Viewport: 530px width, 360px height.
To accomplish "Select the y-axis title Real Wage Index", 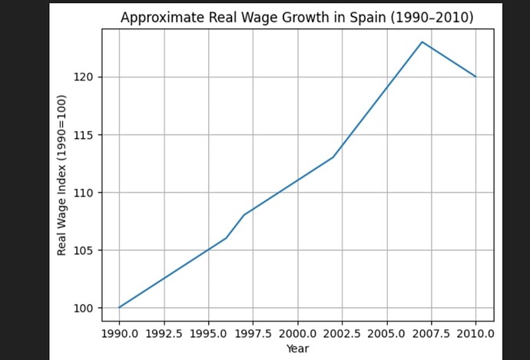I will pos(61,175).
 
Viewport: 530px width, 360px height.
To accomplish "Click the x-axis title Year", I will pos(297,348).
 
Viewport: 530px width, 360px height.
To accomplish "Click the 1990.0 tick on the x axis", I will pos(119,334).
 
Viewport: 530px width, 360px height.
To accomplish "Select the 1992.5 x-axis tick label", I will pos(164,334).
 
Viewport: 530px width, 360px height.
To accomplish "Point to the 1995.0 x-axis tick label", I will pos(208,334).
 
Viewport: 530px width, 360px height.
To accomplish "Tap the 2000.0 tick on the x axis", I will pos(297,334).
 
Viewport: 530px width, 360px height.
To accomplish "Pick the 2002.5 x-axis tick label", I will pos(342,334).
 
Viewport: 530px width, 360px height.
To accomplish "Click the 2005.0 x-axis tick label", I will pos(386,334).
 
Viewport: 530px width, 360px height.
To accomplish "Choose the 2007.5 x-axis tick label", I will pos(431,334).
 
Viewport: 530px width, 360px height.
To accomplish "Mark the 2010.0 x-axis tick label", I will pos(475,334).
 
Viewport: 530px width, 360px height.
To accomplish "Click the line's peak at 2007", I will pos(422,41).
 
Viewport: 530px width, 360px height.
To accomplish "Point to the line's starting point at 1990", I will pos(119,308).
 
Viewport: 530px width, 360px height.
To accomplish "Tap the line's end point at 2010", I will pos(475,77).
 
